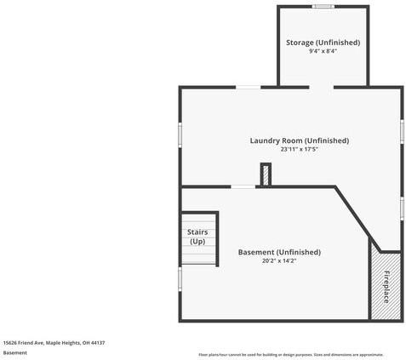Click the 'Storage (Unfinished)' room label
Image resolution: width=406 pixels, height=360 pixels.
point(323,42)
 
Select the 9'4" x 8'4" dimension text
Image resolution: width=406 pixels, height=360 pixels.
point(323,51)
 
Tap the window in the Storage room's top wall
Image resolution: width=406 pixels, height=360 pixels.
point(323,7)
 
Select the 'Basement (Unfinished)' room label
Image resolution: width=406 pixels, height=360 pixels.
point(279,252)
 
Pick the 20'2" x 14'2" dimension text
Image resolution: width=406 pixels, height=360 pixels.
point(279,261)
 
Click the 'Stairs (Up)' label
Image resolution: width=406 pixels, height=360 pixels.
point(197,237)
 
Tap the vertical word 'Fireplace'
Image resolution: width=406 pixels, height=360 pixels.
point(386,287)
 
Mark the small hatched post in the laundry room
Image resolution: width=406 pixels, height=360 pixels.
point(266,174)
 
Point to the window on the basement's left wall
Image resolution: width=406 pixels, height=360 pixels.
point(180,278)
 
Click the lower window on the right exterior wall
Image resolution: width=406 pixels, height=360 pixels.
point(402,208)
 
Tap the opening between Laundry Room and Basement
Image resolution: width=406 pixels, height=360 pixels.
point(243,187)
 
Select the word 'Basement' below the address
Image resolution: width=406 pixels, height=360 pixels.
point(15,353)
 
